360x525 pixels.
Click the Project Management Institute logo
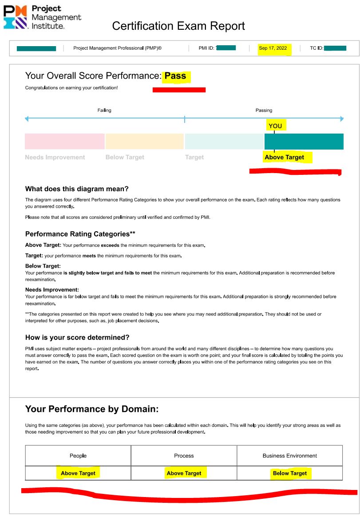pyautogui.click(x=42, y=17)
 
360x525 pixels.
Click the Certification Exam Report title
pyautogui.click(x=178, y=26)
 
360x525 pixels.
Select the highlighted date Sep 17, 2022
pyautogui.click(x=273, y=48)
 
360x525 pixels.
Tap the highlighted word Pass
pyautogui.click(x=175, y=76)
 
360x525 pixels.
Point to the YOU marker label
pyautogui.click(x=275, y=126)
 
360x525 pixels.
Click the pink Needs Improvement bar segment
pyautogui.click(x=65, y=141)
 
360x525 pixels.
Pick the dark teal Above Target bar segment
pyautogui.click(x=304, y=141)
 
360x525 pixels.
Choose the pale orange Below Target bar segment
pyautogui.click(x=144, y=141)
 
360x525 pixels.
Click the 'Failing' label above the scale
pyautogui.click(x=104, y=111)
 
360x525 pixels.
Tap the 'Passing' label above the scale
pyautogui.click(x=264, y=111)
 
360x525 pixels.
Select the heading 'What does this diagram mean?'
pyautogui.click(x=77, y=189)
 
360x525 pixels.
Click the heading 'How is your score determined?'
pyautogui.click(x=77, y=337)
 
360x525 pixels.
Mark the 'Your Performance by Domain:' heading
pyautogui.click(x=92, y=409)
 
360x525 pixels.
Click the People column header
pyautogui.click(x=78, y=456)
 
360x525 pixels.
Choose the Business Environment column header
pyautogui.click(x=290, y=456)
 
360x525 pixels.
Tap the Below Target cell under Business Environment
pyautogui.click(x=290, y=473)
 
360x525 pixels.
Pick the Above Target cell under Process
pyautogui.click(x=184, y=473)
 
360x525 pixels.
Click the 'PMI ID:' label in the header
pyautogui.click(x=207, y=48)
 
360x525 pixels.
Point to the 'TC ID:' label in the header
pyautogui.click(x=316, y=48)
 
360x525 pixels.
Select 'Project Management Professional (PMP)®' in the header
pyautogui.click(x=118, y=48)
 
